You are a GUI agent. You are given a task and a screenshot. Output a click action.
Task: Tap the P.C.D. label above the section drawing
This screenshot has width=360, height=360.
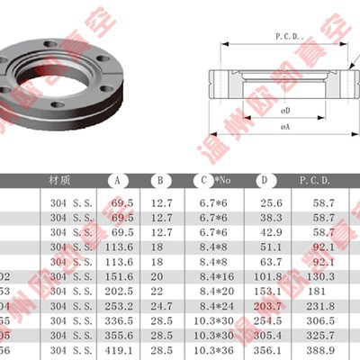286,37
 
